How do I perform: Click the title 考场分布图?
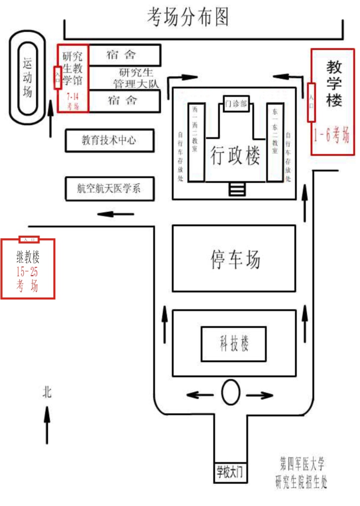[188, 17]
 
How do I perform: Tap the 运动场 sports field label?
[28, 76]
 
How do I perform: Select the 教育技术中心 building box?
[109, 140]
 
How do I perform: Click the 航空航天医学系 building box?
[109, 188]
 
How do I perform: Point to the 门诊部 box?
[236, 103]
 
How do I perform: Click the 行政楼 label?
[235, 157]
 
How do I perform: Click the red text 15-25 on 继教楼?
[28, 272]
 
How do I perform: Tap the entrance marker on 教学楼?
[311, 102]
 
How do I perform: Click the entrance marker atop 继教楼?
[28, 240]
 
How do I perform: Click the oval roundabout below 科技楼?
[230, 393]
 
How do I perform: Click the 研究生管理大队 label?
[133, 78]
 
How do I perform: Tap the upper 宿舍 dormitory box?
[124, 55]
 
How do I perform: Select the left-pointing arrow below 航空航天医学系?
[116, 214]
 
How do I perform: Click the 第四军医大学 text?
[301, 464]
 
